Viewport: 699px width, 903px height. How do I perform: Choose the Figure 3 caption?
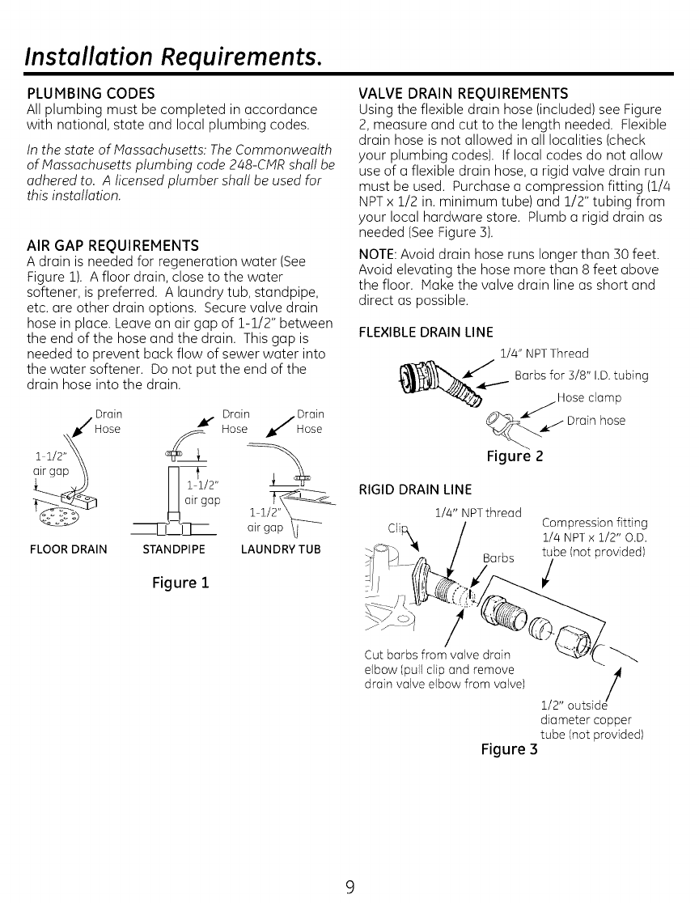point(509,749)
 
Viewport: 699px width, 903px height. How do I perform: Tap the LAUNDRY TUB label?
point(281,549)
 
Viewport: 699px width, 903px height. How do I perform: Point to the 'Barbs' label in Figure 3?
point(498,558)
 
